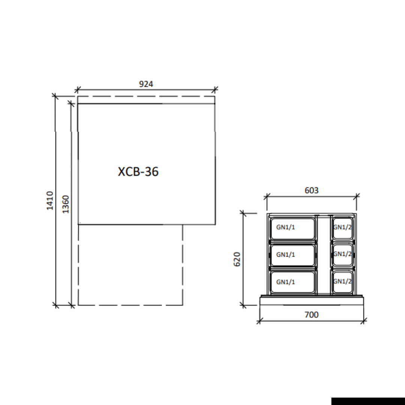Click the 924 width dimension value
(146, 84)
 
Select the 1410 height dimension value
(49, 200)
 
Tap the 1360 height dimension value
(66, 204)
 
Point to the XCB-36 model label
(138, 171)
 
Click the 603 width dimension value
(312, 190)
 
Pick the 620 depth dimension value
(237, 259)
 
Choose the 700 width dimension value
(312, 315)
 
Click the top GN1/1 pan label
(285, 227)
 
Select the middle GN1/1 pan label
(285, 254)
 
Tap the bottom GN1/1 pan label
(285, 282)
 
